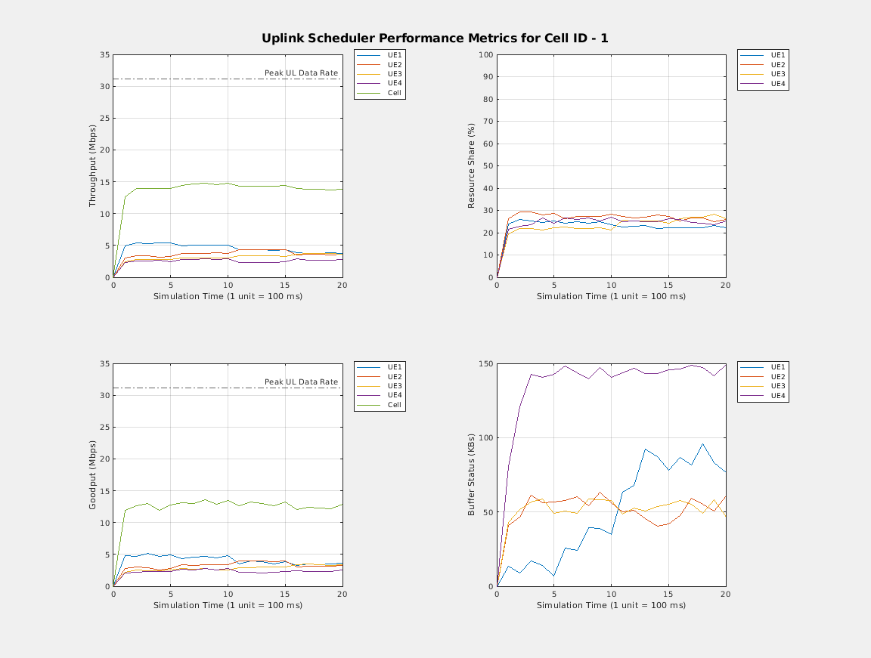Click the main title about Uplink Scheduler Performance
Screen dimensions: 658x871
click(x=435, y=38)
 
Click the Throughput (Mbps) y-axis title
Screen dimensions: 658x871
click(x=93, y=166)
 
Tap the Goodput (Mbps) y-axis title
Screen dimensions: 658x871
click(x=93, y=475)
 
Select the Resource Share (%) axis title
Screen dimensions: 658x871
click(x=471, y=166)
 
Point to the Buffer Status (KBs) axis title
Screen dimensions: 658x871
click(x=471, y=475)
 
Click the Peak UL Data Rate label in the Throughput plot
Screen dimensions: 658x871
click(x=301, y=73)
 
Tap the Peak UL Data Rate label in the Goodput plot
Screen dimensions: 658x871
click(x=301, y=382)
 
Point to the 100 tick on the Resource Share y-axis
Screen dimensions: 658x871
click(x=485, y=55)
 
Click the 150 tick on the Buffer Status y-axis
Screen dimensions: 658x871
click(x=485, y=364)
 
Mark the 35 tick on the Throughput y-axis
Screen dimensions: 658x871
click(x=105, y=55)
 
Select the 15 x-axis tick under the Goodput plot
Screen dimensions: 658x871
click(x=284, y=595)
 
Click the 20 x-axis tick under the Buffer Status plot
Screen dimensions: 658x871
click(x=725, y=595)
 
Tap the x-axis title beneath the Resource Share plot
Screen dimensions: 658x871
click(x=611, y=296)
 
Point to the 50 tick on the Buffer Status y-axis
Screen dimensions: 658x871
click(x=488, y=512)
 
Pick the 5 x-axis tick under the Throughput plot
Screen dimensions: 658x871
click(x=170, y=286)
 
